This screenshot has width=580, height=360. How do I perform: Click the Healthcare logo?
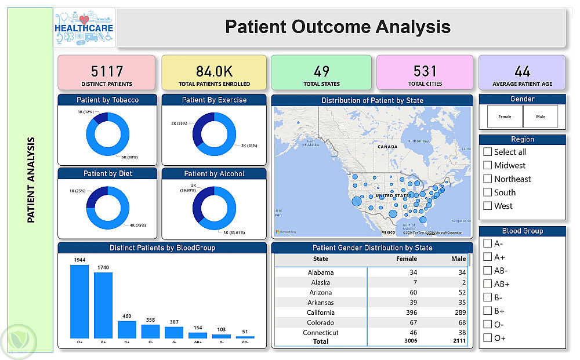point(84,28)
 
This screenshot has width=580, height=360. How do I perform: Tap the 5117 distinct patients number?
point(107,71)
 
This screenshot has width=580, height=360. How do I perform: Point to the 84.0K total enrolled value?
point(214,71)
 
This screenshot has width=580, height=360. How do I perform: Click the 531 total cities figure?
point(425,71)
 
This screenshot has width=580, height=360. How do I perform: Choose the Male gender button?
point(541,117)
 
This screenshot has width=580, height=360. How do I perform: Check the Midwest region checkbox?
point(487,165)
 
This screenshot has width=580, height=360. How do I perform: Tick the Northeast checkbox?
point(487,179)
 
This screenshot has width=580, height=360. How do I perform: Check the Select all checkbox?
point(487,152)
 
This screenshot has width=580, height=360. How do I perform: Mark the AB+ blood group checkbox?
point(487,284)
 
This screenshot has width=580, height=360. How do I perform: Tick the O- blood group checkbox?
point(487,325)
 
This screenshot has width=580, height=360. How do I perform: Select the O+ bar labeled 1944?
point(79,301)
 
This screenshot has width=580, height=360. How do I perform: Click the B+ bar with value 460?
point(126,329)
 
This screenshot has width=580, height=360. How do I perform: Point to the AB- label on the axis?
point(245,342)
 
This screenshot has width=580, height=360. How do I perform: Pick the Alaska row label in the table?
point(320,282)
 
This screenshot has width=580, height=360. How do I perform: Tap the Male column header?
point(458,259)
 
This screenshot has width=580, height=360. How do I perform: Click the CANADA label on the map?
point(387,147)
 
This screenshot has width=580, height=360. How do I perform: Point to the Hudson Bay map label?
point(418,141)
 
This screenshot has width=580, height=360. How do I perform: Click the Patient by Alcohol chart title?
point(214,174)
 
